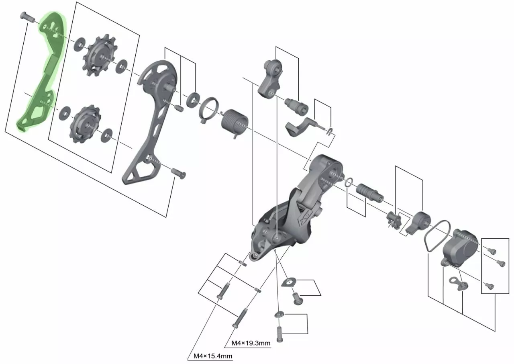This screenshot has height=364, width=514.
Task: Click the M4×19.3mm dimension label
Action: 251,343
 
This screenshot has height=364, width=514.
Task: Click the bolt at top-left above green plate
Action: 27,17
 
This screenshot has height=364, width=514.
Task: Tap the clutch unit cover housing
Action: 460,246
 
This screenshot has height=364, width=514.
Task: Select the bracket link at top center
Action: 270,78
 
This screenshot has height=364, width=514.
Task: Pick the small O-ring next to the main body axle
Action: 349,182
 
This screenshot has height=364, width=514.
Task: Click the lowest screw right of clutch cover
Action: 489,286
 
